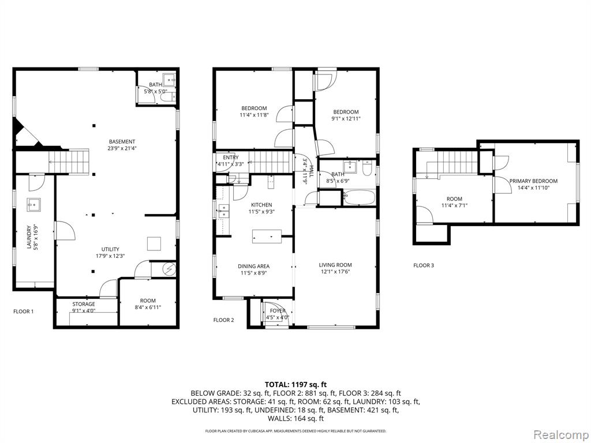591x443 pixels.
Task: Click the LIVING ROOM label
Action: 335,265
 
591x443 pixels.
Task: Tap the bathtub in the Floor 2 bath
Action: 359,198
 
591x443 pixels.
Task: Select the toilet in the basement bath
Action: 168,97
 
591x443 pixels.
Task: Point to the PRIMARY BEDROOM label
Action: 533,181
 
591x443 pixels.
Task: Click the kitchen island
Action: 267,236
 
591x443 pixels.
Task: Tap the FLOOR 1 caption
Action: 23,311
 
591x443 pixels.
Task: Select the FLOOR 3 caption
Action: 424,265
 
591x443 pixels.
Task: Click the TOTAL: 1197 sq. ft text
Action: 296,385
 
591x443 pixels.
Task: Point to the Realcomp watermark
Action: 561,435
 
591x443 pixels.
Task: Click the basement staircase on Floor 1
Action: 69,162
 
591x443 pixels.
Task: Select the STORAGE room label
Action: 84,304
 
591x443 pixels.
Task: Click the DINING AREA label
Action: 254,266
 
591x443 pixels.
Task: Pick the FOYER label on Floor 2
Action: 278,311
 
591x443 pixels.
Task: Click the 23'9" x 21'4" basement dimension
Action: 121,148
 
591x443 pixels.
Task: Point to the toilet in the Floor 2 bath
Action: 366,168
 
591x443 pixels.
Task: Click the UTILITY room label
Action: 110,249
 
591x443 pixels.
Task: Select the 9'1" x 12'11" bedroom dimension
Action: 346,118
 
